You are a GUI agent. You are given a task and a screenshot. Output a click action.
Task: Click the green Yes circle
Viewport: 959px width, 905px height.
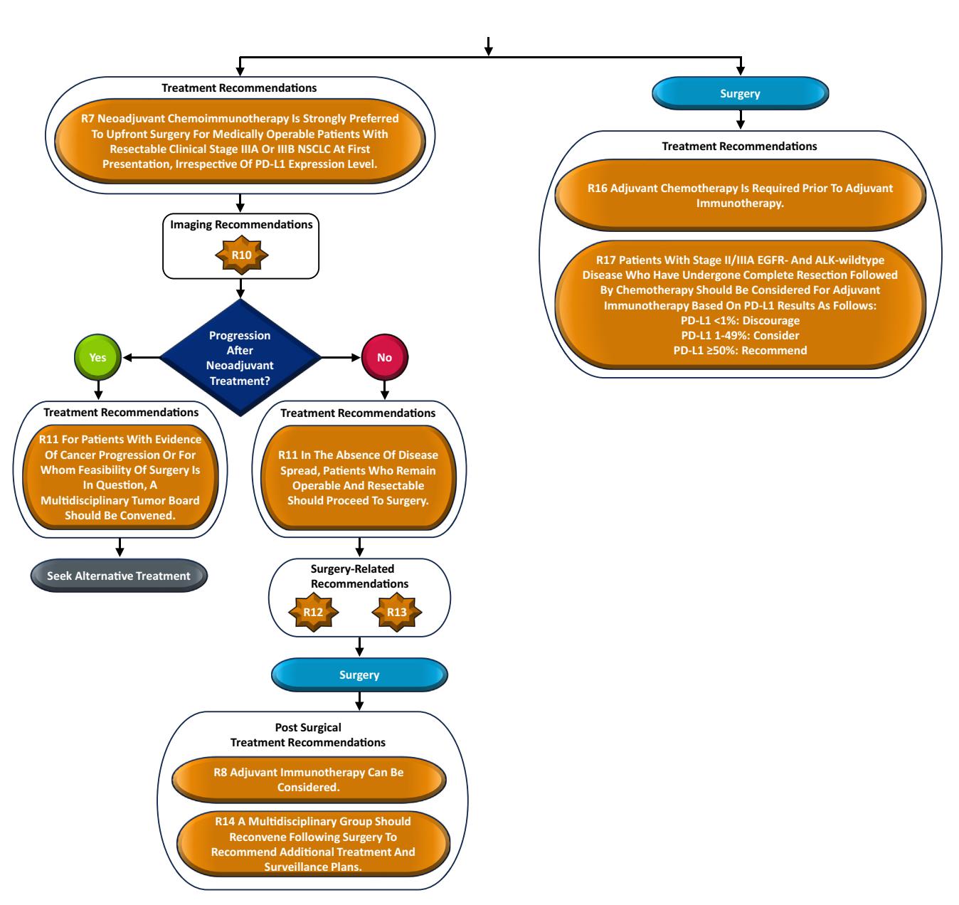coord(98,357)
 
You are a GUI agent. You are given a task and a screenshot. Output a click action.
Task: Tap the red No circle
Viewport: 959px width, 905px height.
coord(385,357)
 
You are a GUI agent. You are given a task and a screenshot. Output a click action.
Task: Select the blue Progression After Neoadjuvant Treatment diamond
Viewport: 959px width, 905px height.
coord(240,357)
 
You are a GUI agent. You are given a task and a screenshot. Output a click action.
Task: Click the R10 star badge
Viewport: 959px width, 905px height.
coord(241,255)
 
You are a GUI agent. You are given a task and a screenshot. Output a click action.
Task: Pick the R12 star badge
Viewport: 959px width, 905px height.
coord(314,613)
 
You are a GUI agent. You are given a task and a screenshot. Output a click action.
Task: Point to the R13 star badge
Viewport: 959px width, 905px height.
coord(397,613)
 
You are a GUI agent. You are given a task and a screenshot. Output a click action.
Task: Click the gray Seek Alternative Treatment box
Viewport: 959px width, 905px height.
coord(120,576)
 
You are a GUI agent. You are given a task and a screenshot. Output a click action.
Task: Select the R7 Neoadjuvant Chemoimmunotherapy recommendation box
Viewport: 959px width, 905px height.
coord(240,141)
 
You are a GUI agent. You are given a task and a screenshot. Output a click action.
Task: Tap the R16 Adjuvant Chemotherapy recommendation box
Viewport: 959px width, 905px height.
coord(741,195)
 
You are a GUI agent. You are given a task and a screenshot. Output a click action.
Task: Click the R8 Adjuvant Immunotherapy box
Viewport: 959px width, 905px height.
coord(309,780)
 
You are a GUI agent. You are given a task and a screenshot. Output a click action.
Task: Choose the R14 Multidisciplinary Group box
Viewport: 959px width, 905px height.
coord(314,844)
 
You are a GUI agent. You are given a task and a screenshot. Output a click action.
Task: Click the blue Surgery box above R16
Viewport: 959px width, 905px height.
coord(741,93)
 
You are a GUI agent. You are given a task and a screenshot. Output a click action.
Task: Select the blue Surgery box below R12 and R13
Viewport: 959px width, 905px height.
coord(360,674)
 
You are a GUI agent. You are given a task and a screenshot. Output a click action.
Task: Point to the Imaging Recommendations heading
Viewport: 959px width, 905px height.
coord(241,225)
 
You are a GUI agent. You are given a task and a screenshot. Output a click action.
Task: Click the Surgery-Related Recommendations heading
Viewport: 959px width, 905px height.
coord(359,576)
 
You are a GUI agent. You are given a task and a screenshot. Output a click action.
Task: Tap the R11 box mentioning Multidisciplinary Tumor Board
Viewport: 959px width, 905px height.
coord(120,477)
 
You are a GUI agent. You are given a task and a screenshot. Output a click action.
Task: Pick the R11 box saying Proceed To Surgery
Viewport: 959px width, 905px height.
coord(359,477)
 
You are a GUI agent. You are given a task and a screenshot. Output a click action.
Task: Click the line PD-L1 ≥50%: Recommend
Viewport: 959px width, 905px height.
coord(741,351)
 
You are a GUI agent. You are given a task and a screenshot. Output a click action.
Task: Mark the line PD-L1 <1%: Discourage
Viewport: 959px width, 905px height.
coord(741,321)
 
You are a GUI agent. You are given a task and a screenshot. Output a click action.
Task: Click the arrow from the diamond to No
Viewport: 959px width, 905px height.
coord(341,357)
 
